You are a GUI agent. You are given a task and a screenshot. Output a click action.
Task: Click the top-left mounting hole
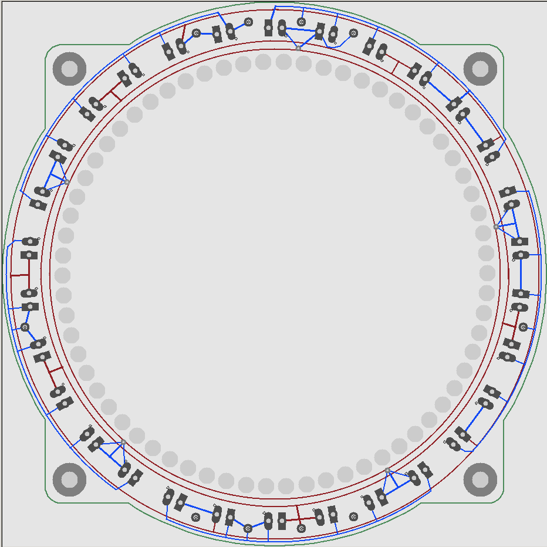69,69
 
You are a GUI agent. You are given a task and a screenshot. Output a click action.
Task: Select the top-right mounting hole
480,69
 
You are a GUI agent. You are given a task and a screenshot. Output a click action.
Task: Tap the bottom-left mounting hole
69,480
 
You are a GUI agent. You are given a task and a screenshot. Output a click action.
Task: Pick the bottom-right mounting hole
480,480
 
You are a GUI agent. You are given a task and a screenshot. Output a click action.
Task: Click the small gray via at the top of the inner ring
298,48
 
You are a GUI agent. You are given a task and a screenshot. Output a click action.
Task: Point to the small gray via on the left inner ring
67,182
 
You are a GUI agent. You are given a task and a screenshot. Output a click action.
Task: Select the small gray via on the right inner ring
496,227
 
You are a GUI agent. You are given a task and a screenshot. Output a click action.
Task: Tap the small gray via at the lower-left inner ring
123,443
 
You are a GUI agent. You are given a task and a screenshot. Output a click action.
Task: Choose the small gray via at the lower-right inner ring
387,471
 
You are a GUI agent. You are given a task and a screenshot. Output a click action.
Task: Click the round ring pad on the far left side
25,327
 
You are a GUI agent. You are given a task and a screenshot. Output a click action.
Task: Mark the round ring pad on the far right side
523,327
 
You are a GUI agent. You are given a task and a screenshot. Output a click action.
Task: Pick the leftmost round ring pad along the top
197,33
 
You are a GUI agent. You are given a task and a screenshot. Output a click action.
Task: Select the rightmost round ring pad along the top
353,33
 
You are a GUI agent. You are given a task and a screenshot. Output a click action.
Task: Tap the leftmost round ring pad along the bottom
196,517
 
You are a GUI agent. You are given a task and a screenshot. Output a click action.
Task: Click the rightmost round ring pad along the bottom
353,516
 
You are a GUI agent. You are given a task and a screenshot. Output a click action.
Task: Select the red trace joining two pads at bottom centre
299,519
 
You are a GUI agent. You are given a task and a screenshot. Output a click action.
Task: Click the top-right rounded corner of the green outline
499,49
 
